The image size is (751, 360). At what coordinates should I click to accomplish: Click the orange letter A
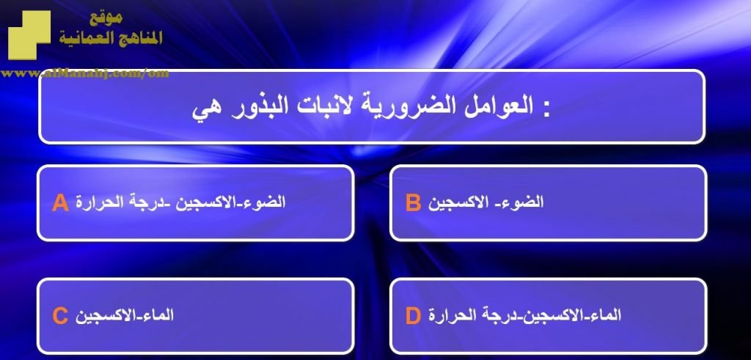click(60, 202)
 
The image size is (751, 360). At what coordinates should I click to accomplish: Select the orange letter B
click(413, 202)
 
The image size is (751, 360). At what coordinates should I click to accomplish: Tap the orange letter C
click(60, 316)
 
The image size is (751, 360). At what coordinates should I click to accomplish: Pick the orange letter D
click(413, 316)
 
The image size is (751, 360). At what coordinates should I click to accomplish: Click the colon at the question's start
click(546, 110)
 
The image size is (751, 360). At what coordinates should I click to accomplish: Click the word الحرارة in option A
click(98, 202)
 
